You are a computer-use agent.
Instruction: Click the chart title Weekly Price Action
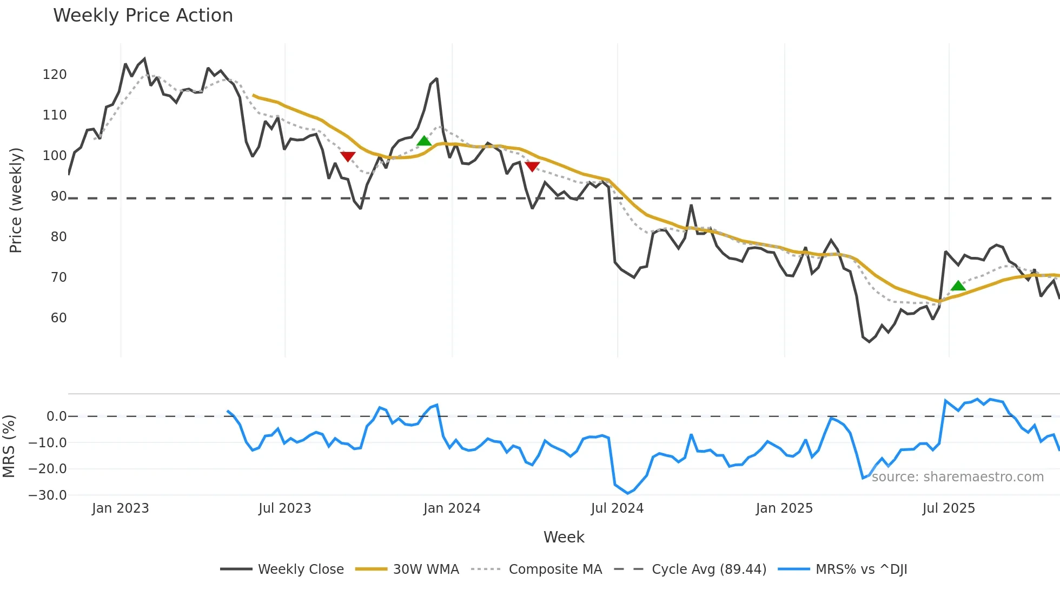(143, 16)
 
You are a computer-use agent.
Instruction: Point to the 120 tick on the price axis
(55, 75)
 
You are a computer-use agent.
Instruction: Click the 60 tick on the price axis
(58, 318)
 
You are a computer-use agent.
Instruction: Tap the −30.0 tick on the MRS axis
(48, 495)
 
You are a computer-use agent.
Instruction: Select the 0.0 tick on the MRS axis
(56, 416)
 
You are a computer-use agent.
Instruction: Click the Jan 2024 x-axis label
(452, 508)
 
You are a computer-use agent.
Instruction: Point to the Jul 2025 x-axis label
(949, 508)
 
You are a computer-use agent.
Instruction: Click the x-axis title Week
(564, 537)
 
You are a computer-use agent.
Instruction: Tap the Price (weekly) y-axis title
(16, 200)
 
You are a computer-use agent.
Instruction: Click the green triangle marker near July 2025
(958, 286)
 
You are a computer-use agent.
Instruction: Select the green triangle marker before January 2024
(424, 141)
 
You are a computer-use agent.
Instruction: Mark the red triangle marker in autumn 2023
(348, 157)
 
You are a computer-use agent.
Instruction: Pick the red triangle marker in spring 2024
(532, 167)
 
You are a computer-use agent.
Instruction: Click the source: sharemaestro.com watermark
(957, 477)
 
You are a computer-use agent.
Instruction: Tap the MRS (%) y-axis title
(9, 446)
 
